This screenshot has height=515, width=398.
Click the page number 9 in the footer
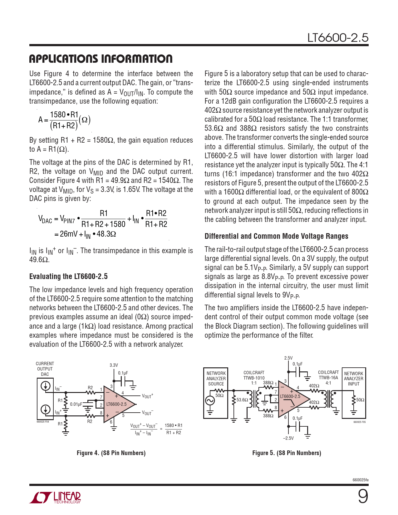pos(363,496)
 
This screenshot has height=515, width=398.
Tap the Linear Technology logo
pos(55,498)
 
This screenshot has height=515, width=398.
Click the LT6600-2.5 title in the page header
pos(338,38)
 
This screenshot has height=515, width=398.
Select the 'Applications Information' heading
pos(101,59)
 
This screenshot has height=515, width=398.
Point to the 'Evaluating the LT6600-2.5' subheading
pos(68,277)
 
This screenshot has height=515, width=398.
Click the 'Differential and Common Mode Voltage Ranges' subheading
pos(276,236)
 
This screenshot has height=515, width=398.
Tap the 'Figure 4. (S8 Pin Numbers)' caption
pos(111,453)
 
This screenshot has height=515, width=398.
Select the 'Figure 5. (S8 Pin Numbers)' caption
pos(287,453)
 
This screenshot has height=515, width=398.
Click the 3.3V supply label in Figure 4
pos(114,365)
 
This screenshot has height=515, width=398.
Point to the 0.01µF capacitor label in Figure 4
pos(76,404)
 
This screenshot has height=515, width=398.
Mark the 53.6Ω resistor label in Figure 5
pos(242,400)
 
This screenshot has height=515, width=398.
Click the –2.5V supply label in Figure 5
pos(288,438)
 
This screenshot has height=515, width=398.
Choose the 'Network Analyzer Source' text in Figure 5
pos(216,379)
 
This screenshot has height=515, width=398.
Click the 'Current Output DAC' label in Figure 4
pos(45,369)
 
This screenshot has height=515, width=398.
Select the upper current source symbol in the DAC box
pos(46,386)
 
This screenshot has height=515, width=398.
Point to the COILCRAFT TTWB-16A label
pos(328,375)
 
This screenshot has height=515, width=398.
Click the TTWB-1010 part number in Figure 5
pos(254,378)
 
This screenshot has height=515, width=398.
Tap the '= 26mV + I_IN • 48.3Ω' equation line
pos(85,234)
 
